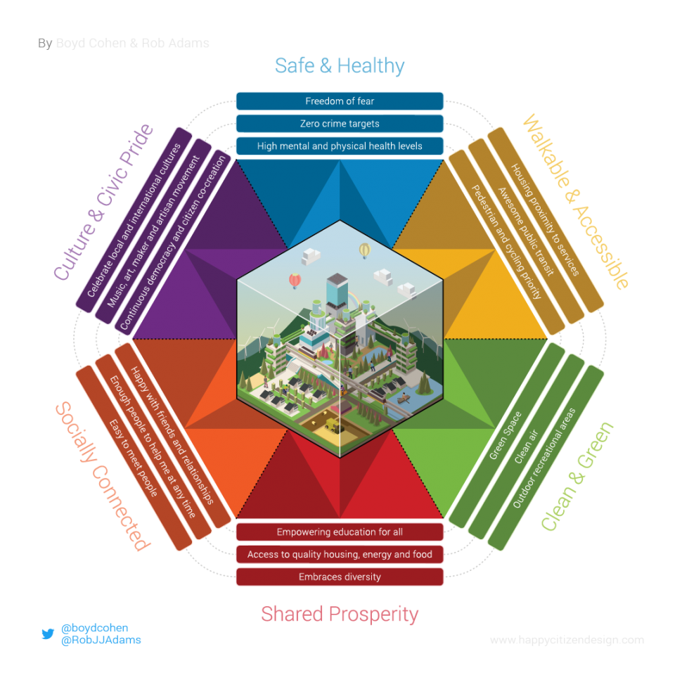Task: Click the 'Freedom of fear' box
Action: click(340, 101)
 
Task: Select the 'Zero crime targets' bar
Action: click(340, 124)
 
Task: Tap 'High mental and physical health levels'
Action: click(340, 146)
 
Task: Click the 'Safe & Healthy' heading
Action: click(340, 66)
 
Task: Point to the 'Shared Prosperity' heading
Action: click(340, 614)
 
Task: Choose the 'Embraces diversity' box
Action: click(340, 577)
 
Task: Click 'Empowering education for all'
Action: click(340, 532)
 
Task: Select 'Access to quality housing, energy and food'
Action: click(340, 555)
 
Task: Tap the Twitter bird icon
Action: click(48, 633)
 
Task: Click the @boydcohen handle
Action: click(95, 628)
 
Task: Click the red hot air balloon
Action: click(295, 281)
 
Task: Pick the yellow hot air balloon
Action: click(364, 250)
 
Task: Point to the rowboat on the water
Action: click(404, 399)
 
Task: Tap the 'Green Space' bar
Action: click(506, 437)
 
